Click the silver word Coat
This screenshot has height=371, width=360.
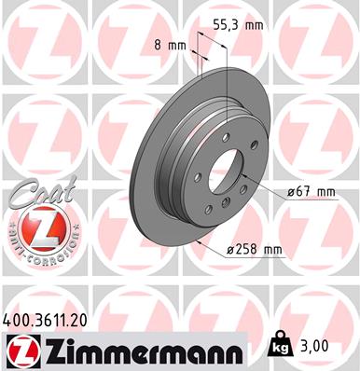coord(33,194)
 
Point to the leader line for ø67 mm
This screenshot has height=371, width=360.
coord(262,186)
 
